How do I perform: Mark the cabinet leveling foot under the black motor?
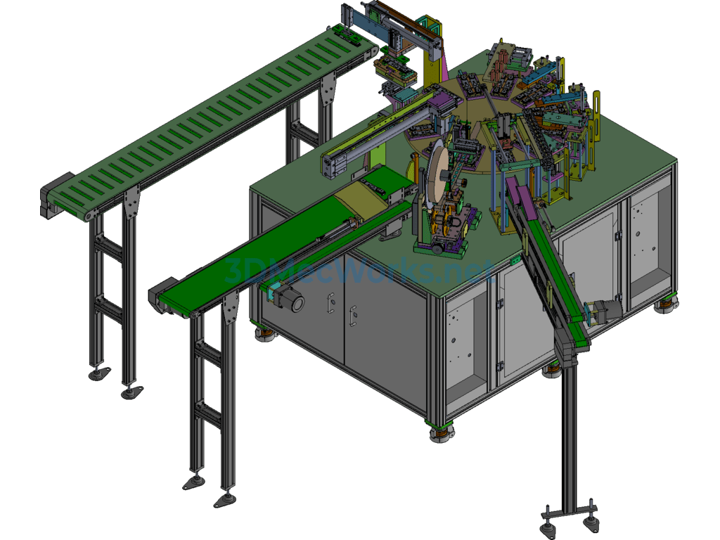[x=264, y=335]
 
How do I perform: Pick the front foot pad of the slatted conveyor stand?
[x=131, y=392]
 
